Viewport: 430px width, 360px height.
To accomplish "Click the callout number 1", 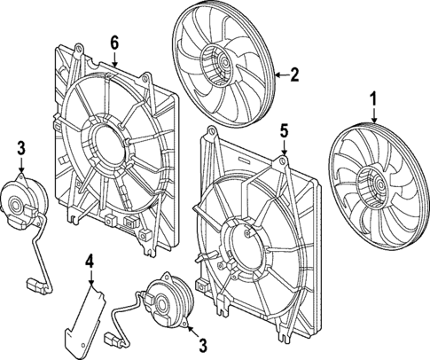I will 373,99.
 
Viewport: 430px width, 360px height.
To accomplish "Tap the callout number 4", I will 90,260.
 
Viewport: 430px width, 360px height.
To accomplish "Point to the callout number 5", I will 282,130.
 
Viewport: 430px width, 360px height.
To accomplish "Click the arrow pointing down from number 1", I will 373,115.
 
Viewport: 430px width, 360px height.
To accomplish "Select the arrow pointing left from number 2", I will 280,74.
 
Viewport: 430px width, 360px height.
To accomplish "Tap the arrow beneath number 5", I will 282,147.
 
